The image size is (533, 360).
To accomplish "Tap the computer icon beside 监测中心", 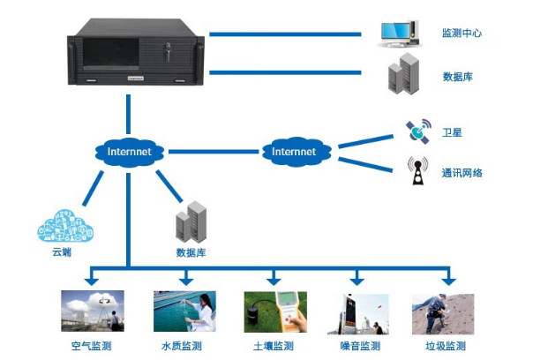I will [x=398, y=34].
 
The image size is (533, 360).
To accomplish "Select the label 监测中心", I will [x=462, y=34].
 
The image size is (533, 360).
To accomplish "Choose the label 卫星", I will [x=452, y=132].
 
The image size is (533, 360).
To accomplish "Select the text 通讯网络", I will [x=462, y=173].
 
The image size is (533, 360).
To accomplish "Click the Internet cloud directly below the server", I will [x=129, y=152].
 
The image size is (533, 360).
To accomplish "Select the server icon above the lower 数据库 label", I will [x=190, y=222].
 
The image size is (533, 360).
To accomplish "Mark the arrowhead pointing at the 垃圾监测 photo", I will [x=447, y=281].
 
